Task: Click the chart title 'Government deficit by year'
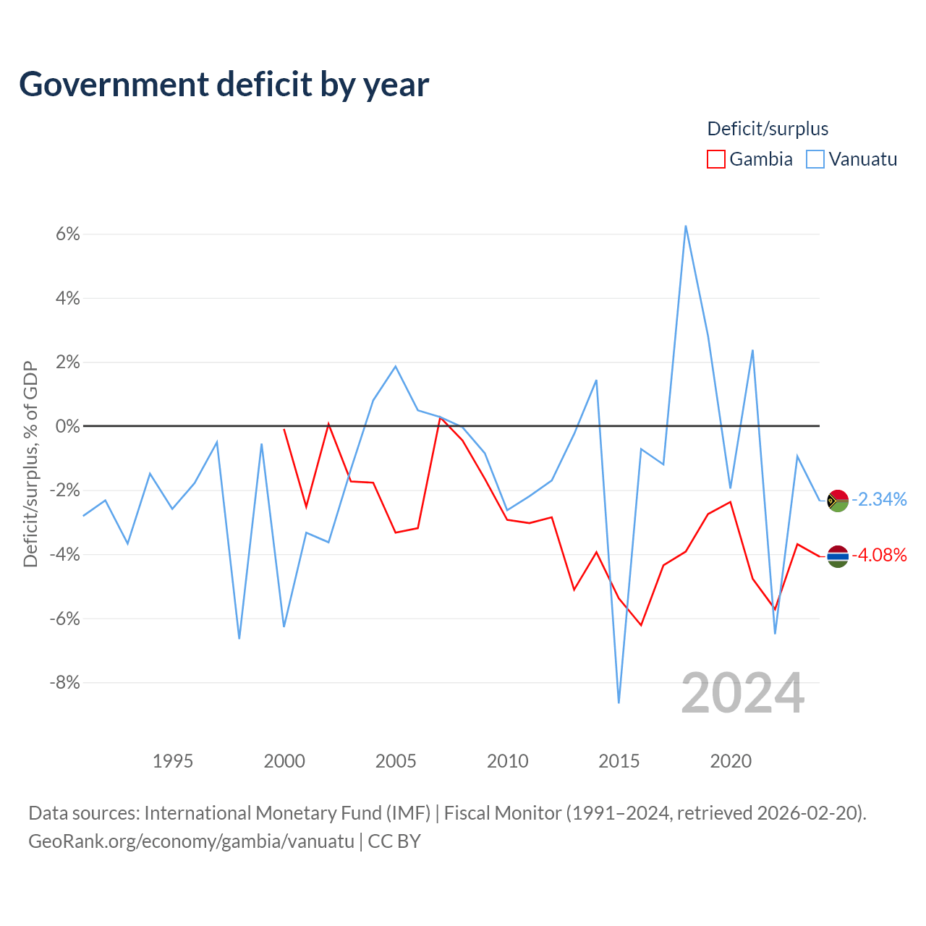[x=224, y=85]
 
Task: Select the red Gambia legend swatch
[x=716, y=159]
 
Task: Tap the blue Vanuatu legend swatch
[x=815, y=159]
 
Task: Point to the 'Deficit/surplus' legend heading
[x=768, y=129]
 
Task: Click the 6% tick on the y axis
[x=68, y=234]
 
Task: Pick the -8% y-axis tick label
[x=65, y=682]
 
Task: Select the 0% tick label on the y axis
[x=68, y=426]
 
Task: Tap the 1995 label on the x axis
[x=172, y=761]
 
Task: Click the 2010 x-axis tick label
[x=507, y=761]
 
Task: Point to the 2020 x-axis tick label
[x=731, y=761]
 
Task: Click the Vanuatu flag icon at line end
[x=838, y=501]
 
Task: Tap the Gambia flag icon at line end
[x=838, y=556]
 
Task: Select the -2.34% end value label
[x=880, y=500]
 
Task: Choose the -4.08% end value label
[x=880, y=556]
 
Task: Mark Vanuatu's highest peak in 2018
[x=686, y=226]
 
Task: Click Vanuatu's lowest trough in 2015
[x=619, y=702]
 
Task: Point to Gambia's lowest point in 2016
[x=641, y=625]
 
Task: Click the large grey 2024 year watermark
[x=742, y=693]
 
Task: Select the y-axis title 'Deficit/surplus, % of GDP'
[x=31, y=464]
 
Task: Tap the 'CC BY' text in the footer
[x=394, y=841]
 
